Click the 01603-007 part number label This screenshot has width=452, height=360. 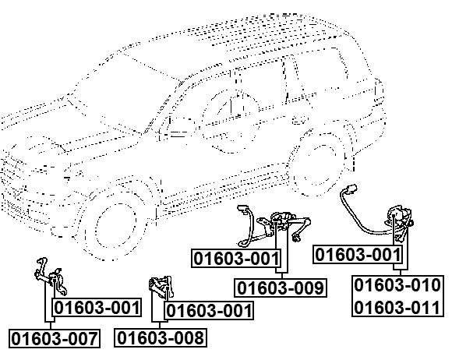pos(55,338)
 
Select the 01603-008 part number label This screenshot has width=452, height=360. pos(161,337)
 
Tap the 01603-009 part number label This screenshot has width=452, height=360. pos(281,288)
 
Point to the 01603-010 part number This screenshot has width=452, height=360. pos(397,285)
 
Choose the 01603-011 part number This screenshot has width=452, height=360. pos(397,307)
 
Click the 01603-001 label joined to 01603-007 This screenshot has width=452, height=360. pos(97,308)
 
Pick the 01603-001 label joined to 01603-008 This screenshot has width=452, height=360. pos(209,311)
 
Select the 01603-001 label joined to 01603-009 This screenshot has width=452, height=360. pos(236,258)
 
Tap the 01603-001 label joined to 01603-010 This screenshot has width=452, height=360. pos(358,255)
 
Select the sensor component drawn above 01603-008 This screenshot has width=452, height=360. pos(161,287)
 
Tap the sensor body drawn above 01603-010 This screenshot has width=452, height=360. pos(400,222)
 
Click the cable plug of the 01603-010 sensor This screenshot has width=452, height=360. pos(352,189)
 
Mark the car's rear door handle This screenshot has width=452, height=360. pos(299,120)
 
